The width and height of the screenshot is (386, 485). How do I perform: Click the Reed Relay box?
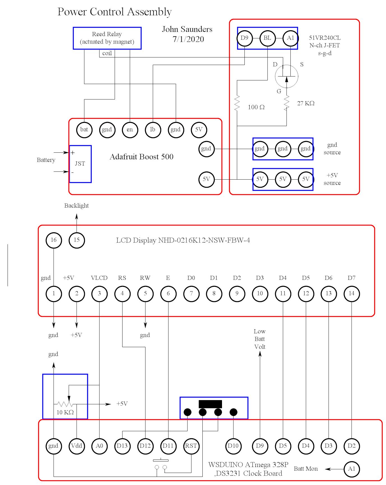pos(107,38)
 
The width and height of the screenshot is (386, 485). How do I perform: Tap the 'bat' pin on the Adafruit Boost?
pos(84,129)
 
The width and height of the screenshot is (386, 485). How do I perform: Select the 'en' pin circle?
pos(130,129)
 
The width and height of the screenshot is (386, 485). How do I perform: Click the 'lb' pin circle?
pos(153,129)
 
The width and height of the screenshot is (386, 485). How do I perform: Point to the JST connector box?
pos(80,164)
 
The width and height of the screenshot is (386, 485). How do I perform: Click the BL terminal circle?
pos(267,38)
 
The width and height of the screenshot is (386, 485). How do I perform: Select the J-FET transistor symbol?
pos(286,76)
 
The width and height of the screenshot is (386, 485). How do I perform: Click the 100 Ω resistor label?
pos(256,107)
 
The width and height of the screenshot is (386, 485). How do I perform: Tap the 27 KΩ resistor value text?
pos(306,103)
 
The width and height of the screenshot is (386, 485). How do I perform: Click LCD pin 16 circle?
pos(54,240)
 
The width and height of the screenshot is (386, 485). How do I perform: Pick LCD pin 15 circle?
pos(77,240)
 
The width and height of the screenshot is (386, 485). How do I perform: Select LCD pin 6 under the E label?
pos(168,294)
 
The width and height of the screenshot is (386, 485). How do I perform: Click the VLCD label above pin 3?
pos(99,278)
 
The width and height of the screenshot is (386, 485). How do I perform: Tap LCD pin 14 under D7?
pos(352,294)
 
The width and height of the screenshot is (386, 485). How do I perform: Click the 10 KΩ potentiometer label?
pos(65,412)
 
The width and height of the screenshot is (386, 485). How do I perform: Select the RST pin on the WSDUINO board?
pos(191,446)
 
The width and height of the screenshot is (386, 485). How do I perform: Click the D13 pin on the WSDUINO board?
pos(122,446)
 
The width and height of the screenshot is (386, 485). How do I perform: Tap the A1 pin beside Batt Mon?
pos(352,469)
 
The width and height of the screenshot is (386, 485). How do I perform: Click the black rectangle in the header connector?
pos(210,404)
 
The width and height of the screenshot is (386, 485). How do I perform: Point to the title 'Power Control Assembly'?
pos(114,12)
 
